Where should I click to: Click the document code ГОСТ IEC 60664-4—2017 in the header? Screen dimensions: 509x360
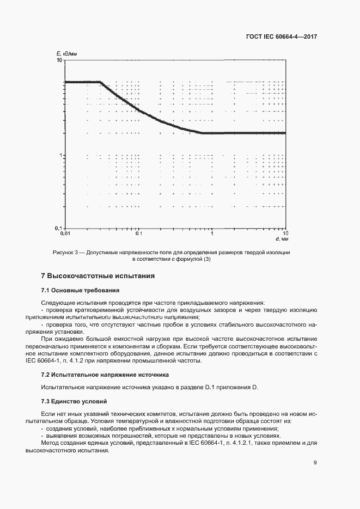coord(280,38)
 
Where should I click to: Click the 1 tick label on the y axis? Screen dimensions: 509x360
coord(60,155)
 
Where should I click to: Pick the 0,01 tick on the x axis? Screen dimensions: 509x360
coord(65,233)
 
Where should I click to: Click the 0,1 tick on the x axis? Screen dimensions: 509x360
coord(138,233)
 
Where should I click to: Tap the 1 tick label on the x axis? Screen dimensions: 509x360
coord(212,233)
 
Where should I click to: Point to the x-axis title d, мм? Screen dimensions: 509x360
coord(280,239)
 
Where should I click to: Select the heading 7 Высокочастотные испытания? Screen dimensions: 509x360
coord(98,276)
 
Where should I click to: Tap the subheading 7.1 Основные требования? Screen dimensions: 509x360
coord(80,290)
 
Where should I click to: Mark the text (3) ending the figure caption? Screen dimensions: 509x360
coord(206,259)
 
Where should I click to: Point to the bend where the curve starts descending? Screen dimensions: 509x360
coord(102,82)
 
